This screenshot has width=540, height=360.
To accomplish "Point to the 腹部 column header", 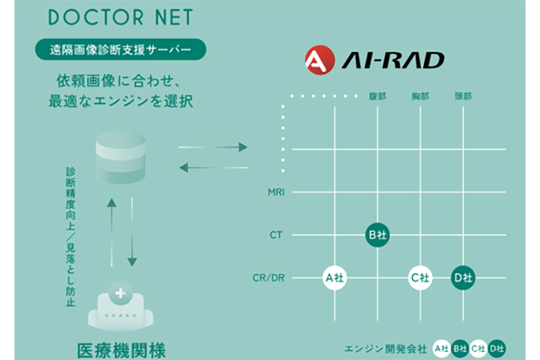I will [x=377, y=96].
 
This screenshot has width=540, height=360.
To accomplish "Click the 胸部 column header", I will [x=420, y=96].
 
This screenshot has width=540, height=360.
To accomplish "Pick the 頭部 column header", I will [x=463, y=96].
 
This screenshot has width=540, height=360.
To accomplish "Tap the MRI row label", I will [x=276, y=192].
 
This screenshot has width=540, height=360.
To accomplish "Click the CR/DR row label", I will [x=268, y=278].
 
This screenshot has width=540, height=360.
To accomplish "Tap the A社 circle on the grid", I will [x=334, y=278].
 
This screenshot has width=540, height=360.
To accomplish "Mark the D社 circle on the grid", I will [x=463, y=278].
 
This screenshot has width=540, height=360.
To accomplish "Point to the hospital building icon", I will [x=121, y=307].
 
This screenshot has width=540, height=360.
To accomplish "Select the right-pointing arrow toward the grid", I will [x=213, y=147].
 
